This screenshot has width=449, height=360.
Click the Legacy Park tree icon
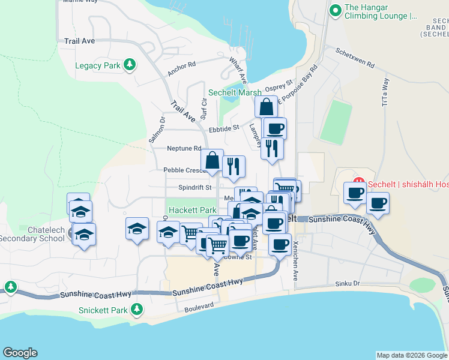click(129, 65)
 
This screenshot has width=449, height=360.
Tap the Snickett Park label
click(103, 310)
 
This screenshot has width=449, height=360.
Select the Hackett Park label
click(192, 211)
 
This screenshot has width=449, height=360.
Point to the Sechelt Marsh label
click(235, 92)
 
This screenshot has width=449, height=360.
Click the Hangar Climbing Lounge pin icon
click(336, 11)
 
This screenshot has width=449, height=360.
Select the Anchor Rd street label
click(182, 69)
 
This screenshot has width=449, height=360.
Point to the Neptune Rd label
click(184, 148)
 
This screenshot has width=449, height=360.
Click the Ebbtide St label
click(224, 128)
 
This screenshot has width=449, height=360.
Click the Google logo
click(20, 353)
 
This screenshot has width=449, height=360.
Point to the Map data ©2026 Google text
click(412, 355)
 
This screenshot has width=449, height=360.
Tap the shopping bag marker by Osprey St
click(266, 107)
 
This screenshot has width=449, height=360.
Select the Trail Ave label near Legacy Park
click(80, 41)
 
